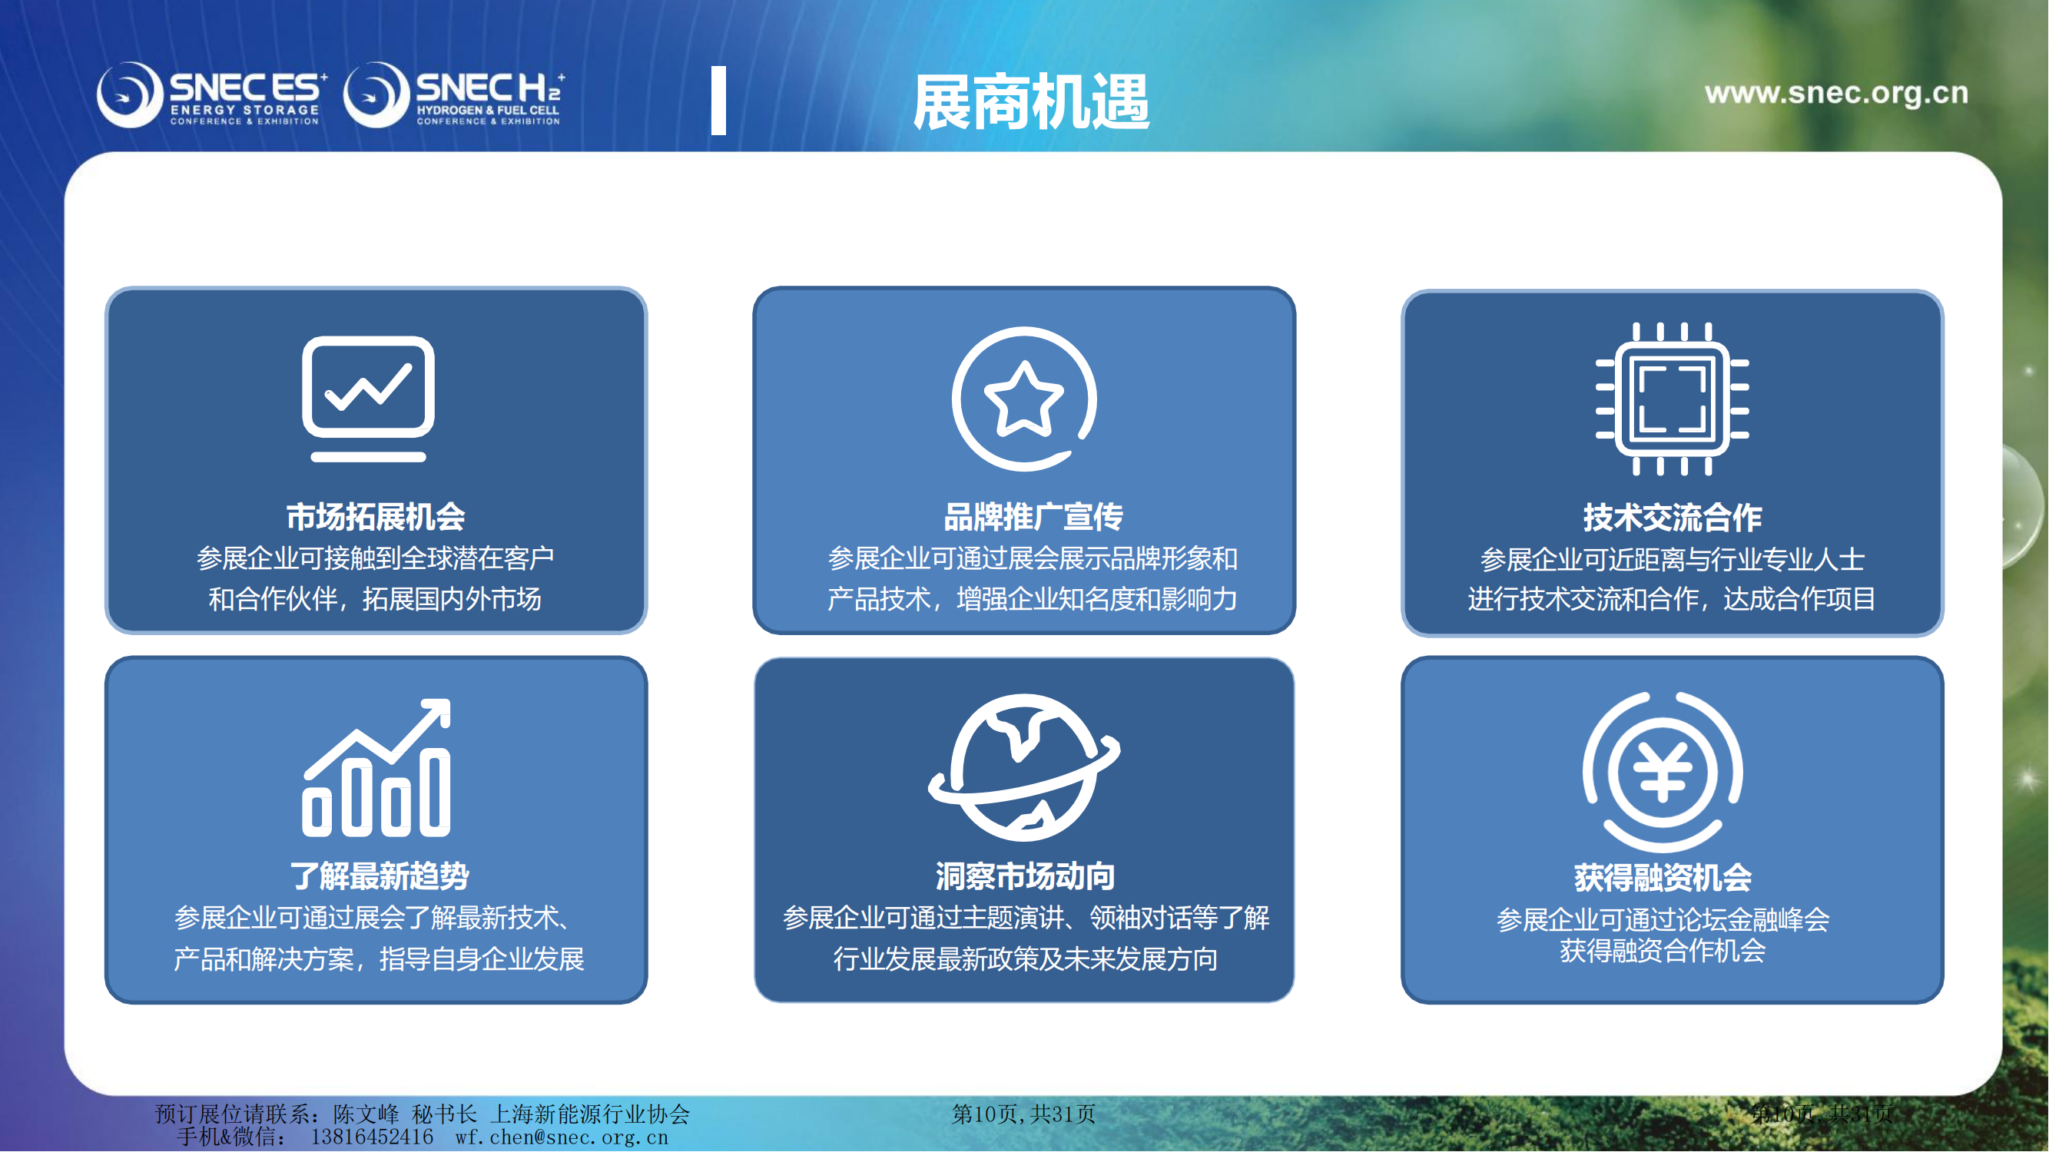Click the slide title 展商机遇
1031,102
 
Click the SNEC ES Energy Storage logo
211,95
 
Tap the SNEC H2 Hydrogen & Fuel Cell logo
454,95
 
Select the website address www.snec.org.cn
1837,93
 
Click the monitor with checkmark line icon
368,399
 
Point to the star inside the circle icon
1023,399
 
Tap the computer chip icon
1672,399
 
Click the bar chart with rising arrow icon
376,767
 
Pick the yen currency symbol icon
1663,772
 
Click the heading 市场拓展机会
376,517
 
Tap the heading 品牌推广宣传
1033,517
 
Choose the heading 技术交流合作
1673,518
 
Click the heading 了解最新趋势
380,876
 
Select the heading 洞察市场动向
1026,876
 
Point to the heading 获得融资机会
1663,878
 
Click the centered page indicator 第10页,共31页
1023,1114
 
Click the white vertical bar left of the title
719,100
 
